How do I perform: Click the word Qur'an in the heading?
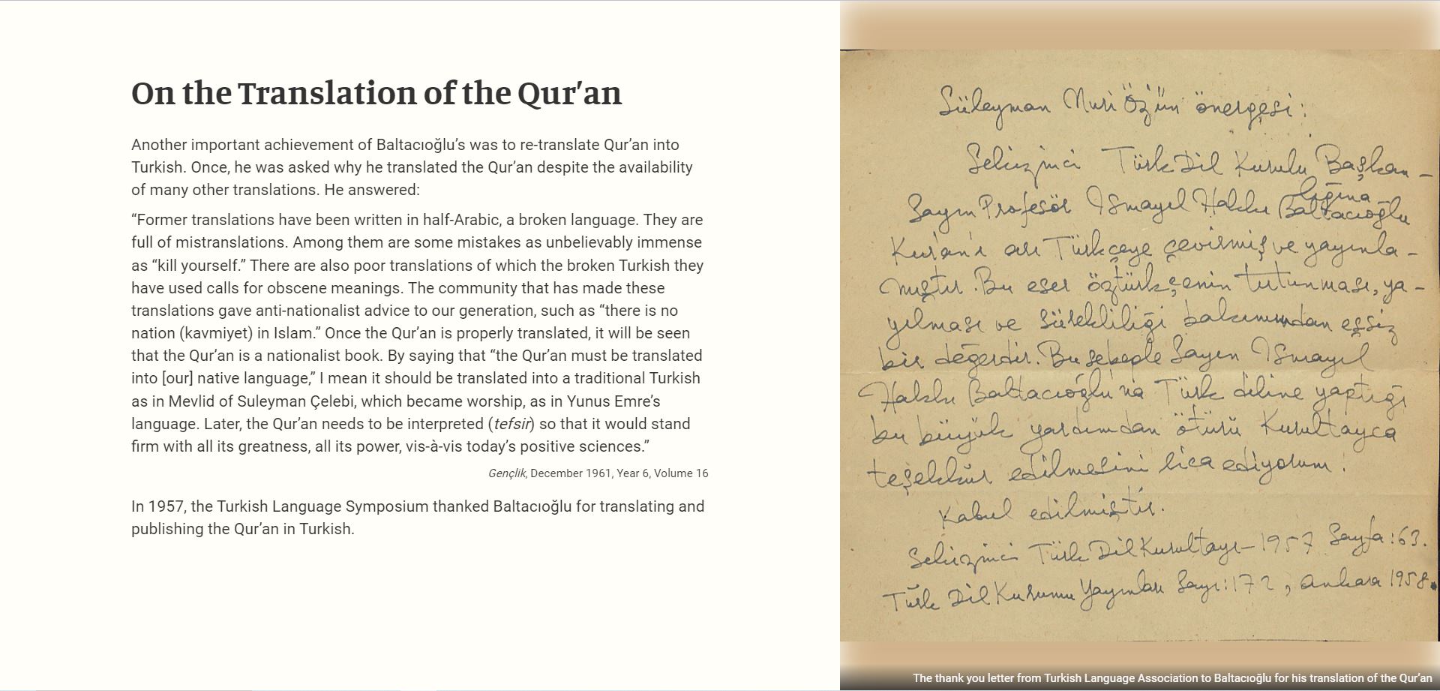569,94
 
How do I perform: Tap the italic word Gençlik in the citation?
507,473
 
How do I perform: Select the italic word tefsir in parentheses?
512,424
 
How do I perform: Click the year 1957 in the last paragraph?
165,506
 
